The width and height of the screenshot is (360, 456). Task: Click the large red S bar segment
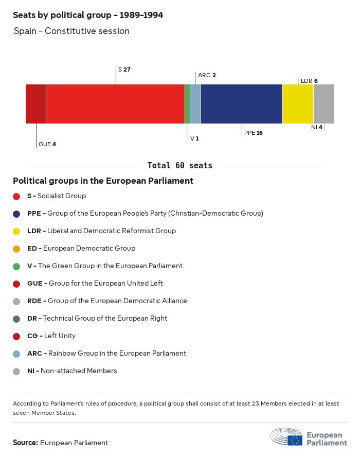pos(115,104)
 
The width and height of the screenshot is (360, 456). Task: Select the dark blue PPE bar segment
pos(241,104)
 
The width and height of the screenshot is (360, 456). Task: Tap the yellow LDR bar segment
pos(298,104)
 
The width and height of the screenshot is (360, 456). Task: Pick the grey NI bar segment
pos(323,104)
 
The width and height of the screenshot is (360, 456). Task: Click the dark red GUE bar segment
pos(35,104)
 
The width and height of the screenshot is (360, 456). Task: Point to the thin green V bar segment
pos(187,104)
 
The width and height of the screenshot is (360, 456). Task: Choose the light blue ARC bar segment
pos(195,104)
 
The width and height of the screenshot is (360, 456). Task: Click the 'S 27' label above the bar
pos(124,69)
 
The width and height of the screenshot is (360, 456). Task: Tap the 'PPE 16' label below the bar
pos(253,133)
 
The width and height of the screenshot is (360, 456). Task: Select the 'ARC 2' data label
pos(207,75)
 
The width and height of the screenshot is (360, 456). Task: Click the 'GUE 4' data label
pos(47,144)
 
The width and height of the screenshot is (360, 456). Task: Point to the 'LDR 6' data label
pos(309,81)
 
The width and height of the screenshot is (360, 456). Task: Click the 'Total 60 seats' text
pos(179,166)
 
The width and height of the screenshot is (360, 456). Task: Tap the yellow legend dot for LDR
pos(16,231)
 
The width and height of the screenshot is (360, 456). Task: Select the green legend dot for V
pos(16,266)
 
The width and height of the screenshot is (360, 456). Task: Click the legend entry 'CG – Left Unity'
pos(51,336)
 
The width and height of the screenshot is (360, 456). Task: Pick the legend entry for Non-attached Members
pos(72,371)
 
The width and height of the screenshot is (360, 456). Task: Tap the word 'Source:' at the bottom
pos(25,443)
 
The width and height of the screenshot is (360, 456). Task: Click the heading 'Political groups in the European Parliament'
pos(103,181)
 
